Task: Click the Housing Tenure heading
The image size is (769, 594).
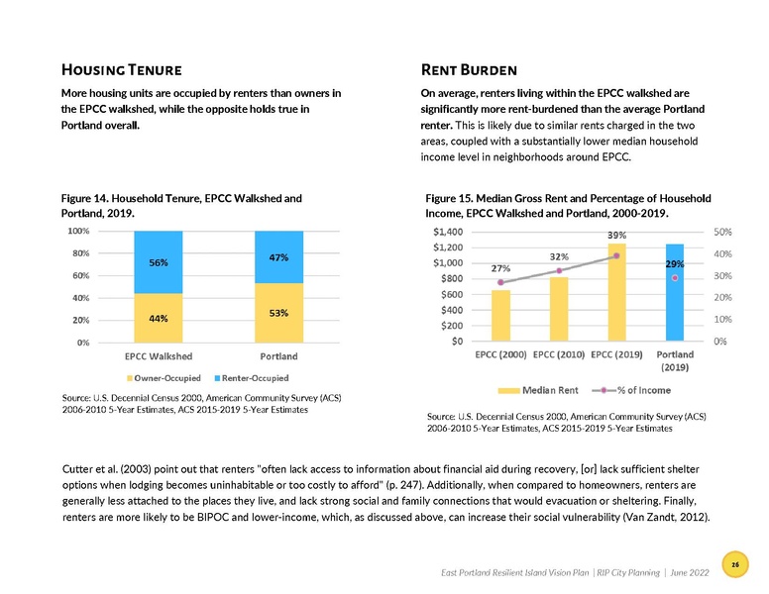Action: [120, 70]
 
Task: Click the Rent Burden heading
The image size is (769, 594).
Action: [469, 70]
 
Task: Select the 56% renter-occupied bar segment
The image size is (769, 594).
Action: [159, 262]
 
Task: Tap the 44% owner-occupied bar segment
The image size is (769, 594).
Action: [159, 318]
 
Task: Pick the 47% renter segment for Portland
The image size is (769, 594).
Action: [278, 257]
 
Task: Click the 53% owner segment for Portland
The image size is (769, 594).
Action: [278, 313]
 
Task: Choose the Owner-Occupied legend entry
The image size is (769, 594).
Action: [164, 378]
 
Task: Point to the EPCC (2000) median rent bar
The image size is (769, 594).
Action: [500, 316]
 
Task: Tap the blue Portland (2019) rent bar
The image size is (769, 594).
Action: [675, 293]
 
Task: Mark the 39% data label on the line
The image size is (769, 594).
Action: [616, 235]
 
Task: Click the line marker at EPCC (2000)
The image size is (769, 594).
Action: [500, 283]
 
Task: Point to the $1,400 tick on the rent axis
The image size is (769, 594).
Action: [452, 232]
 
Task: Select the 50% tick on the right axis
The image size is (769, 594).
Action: [723, 232]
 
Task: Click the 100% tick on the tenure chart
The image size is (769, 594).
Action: [77, 232]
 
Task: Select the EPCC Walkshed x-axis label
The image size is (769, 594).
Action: [159, 355]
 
